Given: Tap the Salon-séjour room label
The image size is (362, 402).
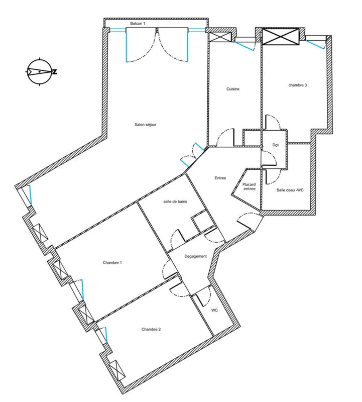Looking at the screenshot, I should pos(146,125).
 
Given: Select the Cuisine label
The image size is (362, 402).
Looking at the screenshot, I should pos(232,89).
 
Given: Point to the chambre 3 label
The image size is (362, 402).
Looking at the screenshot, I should pos(297,85).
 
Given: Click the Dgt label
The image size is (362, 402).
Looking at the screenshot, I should pos(275,145).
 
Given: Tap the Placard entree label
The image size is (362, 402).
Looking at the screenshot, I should pos(249,186).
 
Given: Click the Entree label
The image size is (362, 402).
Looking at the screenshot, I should pos(220,178).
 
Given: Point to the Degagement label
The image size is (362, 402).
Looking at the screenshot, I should pos(195,256).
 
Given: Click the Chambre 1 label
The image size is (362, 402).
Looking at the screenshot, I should pos(112,262).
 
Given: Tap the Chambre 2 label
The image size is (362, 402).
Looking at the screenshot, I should pos(151,330).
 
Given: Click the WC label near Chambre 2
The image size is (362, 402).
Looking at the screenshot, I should pos(214,311).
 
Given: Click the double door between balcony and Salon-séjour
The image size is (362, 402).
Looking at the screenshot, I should pos(158,45).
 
